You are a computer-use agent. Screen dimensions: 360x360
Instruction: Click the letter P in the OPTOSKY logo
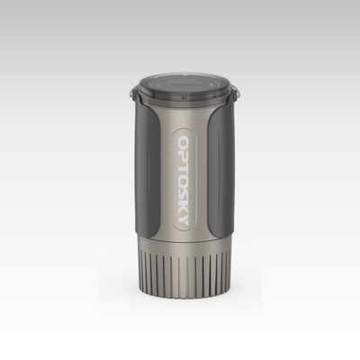point(184,156)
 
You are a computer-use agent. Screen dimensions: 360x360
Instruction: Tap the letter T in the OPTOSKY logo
point(184,167)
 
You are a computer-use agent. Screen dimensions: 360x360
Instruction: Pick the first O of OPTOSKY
point(184,142)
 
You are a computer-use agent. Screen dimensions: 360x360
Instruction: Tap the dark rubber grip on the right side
point(220,169)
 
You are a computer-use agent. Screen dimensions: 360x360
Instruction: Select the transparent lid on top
point(184,87)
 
